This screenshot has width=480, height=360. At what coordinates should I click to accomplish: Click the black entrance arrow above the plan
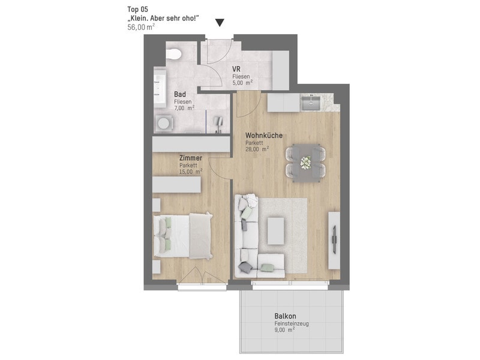pyautogui.click(x=220, y=23)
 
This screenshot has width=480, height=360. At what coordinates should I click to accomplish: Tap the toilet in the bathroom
pyautogui.click(x=174, y=54)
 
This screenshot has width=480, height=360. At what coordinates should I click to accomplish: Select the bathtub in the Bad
pyautogui.click(x=159, y=87)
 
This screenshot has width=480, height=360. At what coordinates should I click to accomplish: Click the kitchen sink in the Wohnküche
pyautogui.click(x=311, y=103)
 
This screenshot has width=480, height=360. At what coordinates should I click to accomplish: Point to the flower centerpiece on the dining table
pyautogui.click(x=305, y=162)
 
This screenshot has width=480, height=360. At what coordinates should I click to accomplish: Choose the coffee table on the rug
pyautogui.click(x=276, y=231)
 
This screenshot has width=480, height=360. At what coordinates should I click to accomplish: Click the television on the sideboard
pyautogui.click(x=334, y=239)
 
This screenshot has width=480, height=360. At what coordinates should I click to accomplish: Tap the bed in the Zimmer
pyautogui.click(x=183, y=236)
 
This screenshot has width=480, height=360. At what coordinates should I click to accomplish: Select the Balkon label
pyautogui.click(x=285, y=316)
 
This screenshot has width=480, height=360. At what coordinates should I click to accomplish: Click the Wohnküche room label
pyautogui.click(x=264, y=136)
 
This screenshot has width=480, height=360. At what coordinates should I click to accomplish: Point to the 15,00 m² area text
pyautogui.click(x=190, y=172)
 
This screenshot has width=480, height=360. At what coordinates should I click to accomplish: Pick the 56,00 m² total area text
pyautogui.click(x=141, y=27)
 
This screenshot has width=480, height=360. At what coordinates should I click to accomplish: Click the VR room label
pyautogui.click(x=236, y=69)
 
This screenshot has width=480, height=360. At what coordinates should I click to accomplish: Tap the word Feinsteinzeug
pyautogui.click(x=292, y=323)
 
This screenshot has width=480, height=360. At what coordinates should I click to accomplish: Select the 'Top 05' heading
pyautogui.click(x=137, y=9)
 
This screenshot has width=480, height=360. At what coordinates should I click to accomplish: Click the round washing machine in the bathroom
pyautogui.click(x=163, y=124)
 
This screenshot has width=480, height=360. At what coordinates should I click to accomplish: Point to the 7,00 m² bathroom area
pyautogui.click(x=184, y=108)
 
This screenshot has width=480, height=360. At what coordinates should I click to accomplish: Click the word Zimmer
pyautogui.click(x=191, y=158)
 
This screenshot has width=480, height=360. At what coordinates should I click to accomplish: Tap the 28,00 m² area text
pyautogui.click(x=257, y=149)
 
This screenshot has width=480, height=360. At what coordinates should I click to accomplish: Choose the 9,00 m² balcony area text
pyautogui.click(x=284, y=330)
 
